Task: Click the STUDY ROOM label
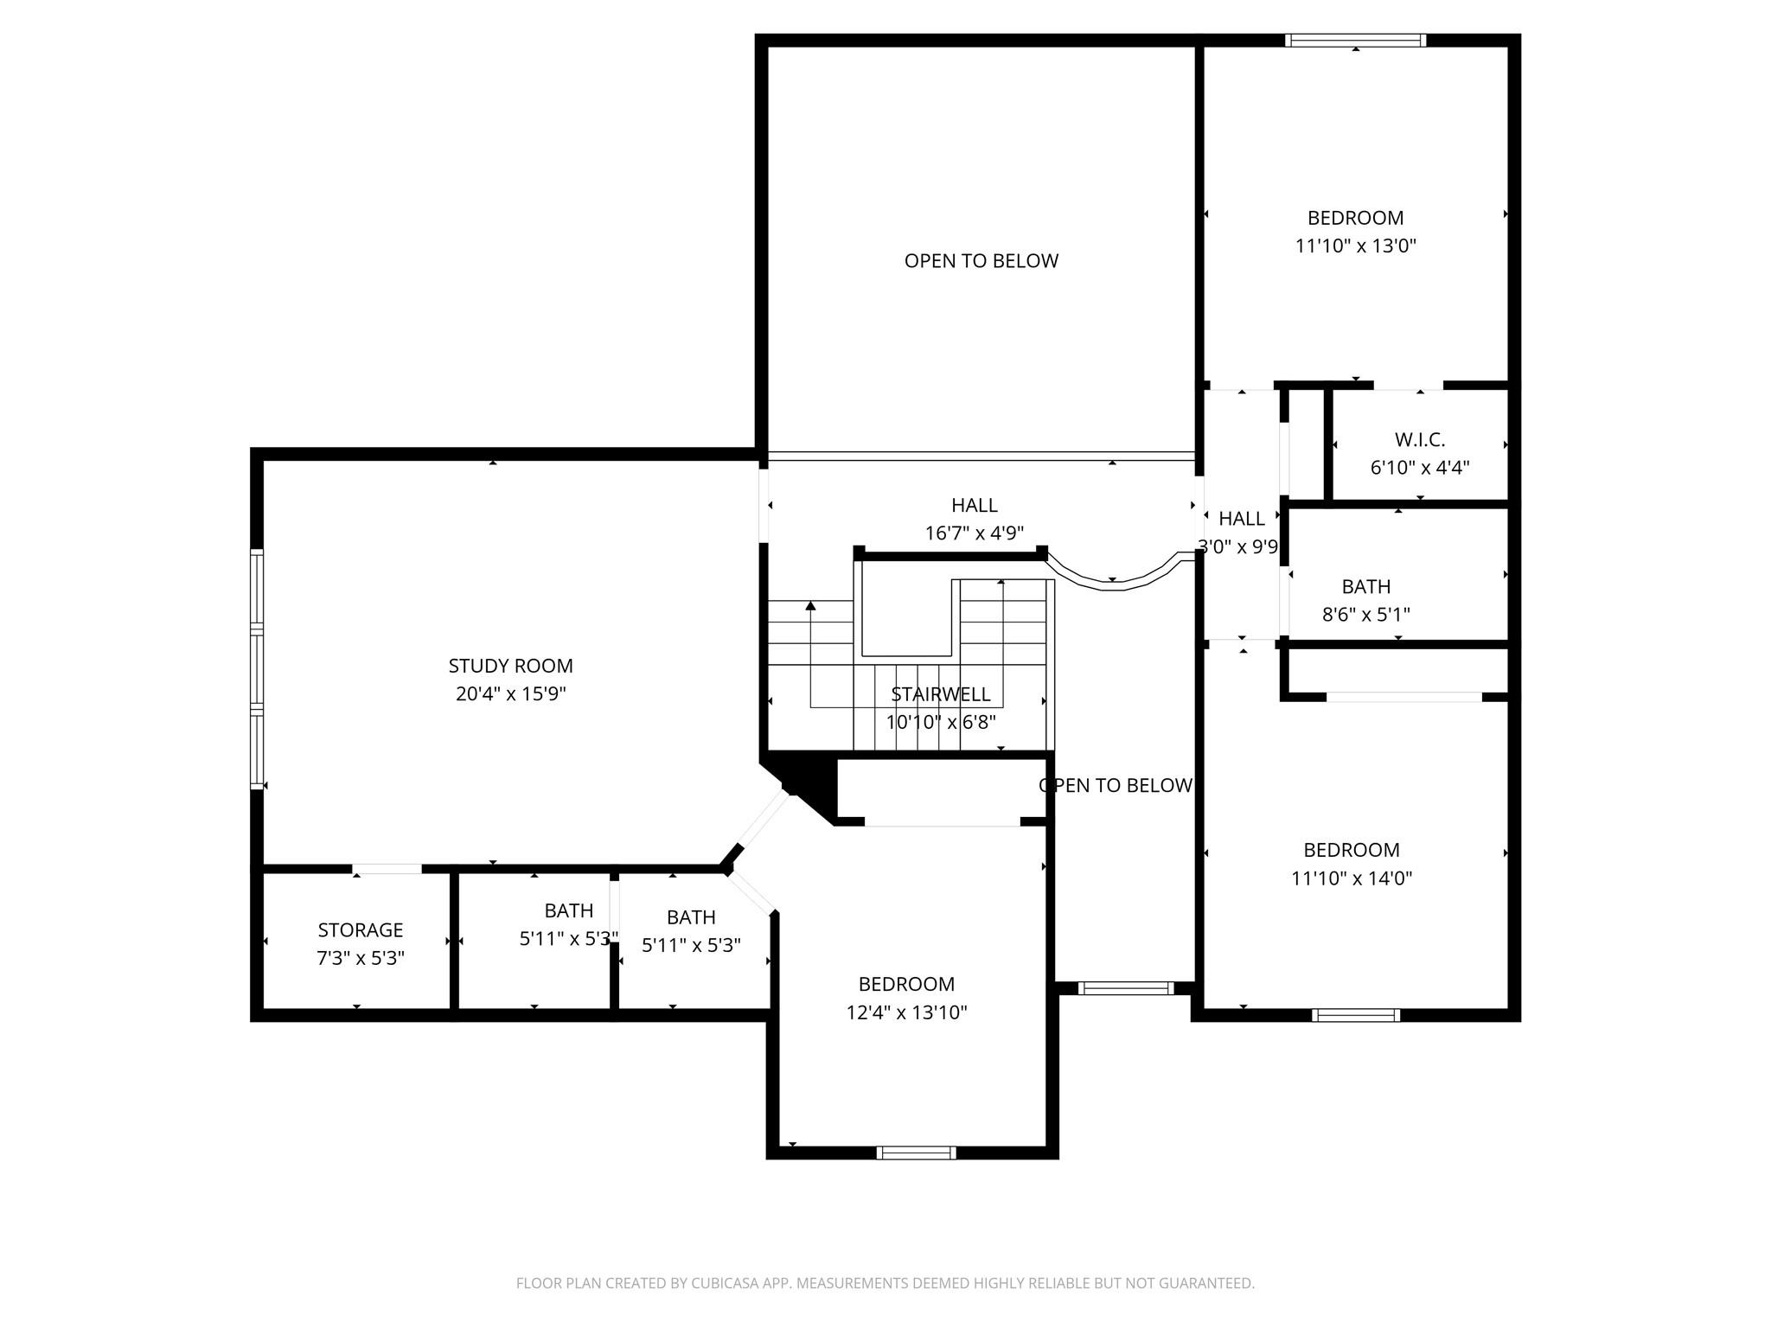(x=510, y=666)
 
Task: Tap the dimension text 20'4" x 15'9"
(x=510, y=693)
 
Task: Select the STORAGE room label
(x=360, y=930)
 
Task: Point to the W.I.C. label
(x=1419, y=439)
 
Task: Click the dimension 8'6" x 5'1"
(x=1365, y=615)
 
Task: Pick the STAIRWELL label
(x=940, y=694)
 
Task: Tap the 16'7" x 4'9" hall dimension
(x=974, y=533)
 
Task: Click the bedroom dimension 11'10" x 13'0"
(x=1355, y=246)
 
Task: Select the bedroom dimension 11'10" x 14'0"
(x=1351, y=878)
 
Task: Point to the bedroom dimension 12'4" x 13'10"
(x=906, y=1012)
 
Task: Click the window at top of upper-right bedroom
(x=1354, y=40)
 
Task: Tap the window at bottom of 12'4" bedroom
(x=916, y=1152)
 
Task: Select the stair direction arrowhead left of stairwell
(x=810, y=605)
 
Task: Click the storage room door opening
(x=387, y=869)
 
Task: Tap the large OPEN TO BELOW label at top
(x=981, y=261)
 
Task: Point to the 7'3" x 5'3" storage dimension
(x=360, y=958)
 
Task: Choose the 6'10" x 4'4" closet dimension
(x=1419, y=468)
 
